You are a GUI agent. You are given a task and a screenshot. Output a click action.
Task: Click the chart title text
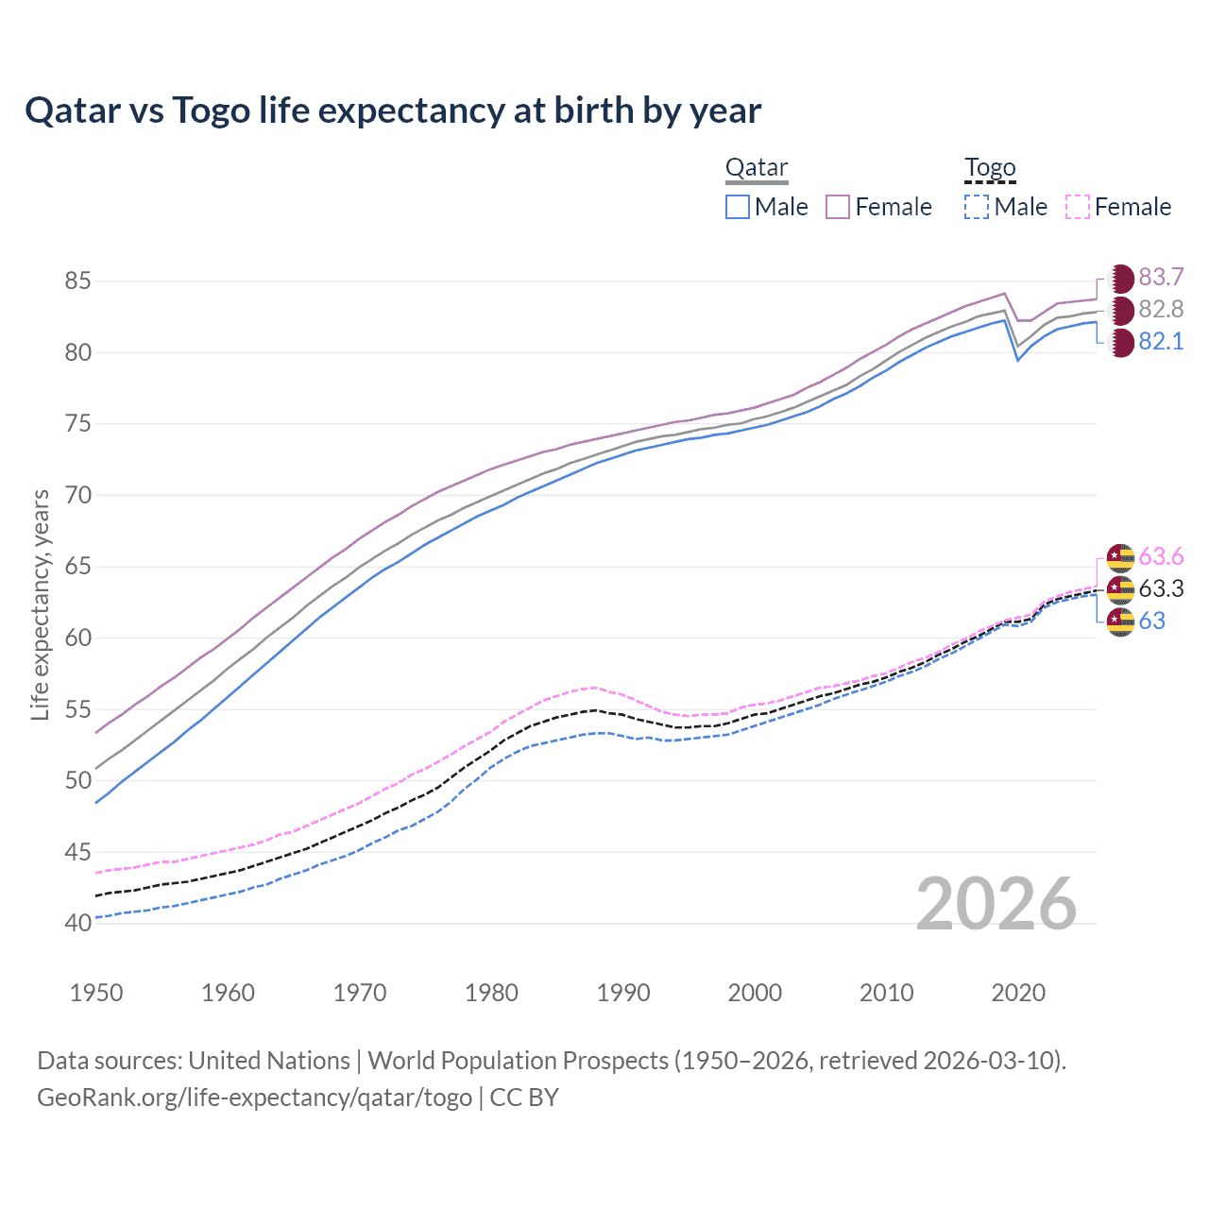pyautogui.click(x=393, y=111)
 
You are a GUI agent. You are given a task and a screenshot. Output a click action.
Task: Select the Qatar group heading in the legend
pyautogui.click(x=756, y=168)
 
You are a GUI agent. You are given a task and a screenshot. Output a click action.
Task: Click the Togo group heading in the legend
pyautogui.click(x=989, y=168)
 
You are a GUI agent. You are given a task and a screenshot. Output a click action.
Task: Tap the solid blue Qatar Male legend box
pyautogui.click(x=738, y=207)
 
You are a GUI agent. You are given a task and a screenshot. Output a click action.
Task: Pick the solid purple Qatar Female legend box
pyautogui.click(x=838, y=207)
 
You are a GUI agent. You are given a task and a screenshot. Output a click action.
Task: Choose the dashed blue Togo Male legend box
pyautogui.click(x=977, y=207)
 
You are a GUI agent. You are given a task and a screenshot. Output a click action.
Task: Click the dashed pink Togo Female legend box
pyautogui.click(x=1078, y=207)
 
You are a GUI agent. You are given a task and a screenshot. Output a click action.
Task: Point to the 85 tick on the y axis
pyautogui.click(x=77, y=281)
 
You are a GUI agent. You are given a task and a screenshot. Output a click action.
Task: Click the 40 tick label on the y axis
pyautogui.click(x=77, y=923)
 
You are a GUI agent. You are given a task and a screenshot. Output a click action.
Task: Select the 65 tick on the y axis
pyautogui.click(x=77, y=567)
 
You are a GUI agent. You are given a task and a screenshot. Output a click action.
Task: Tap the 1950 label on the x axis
pyautogui.click(x=96, y=993)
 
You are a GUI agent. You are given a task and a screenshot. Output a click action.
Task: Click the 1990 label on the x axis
pyautogui.click(x=623, y=993)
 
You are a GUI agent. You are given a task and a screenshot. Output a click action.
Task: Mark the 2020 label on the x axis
pyautogui.click(x=1018, y=993)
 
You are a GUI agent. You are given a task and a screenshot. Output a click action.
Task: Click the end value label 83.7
pyautogui.click(x=1161, y=277)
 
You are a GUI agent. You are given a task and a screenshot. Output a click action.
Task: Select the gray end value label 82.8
pyautogui.click(x=1161, y=309)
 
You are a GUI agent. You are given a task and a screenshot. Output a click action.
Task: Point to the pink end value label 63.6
pyautogui.click(x=1161, y=556)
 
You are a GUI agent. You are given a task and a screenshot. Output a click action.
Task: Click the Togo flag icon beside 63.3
pyautogui.click(x=1120, y=589)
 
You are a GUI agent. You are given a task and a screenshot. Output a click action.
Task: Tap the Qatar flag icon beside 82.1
pyautogui.click(x=1120, y=342)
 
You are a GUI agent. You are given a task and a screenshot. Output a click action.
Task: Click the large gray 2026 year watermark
pyautogui.click(x=996, y=904)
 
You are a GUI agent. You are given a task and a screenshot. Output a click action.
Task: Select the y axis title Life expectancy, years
pyautogui.click(x=41, y=604)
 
